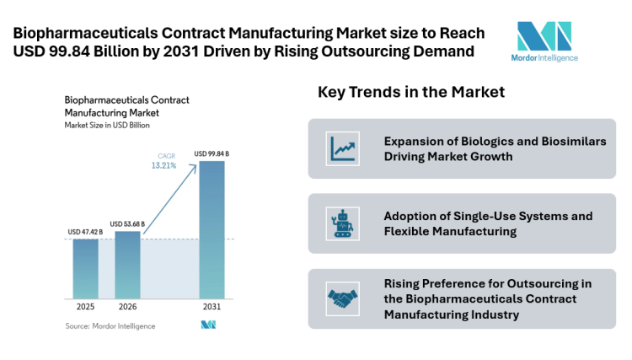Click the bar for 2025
(85, 268)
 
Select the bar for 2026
(127, 264)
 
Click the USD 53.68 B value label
(127, 224)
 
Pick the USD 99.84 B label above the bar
(212, 153)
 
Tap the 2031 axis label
(212, 307)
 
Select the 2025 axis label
(85, 307)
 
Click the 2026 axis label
(127, 307)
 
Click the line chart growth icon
(342, 148)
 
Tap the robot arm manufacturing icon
(342, 223)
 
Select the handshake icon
(342, 298)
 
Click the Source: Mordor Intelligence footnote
(105, 325)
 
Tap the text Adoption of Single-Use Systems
(488, 216)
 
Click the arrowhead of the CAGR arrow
(198, 164)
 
